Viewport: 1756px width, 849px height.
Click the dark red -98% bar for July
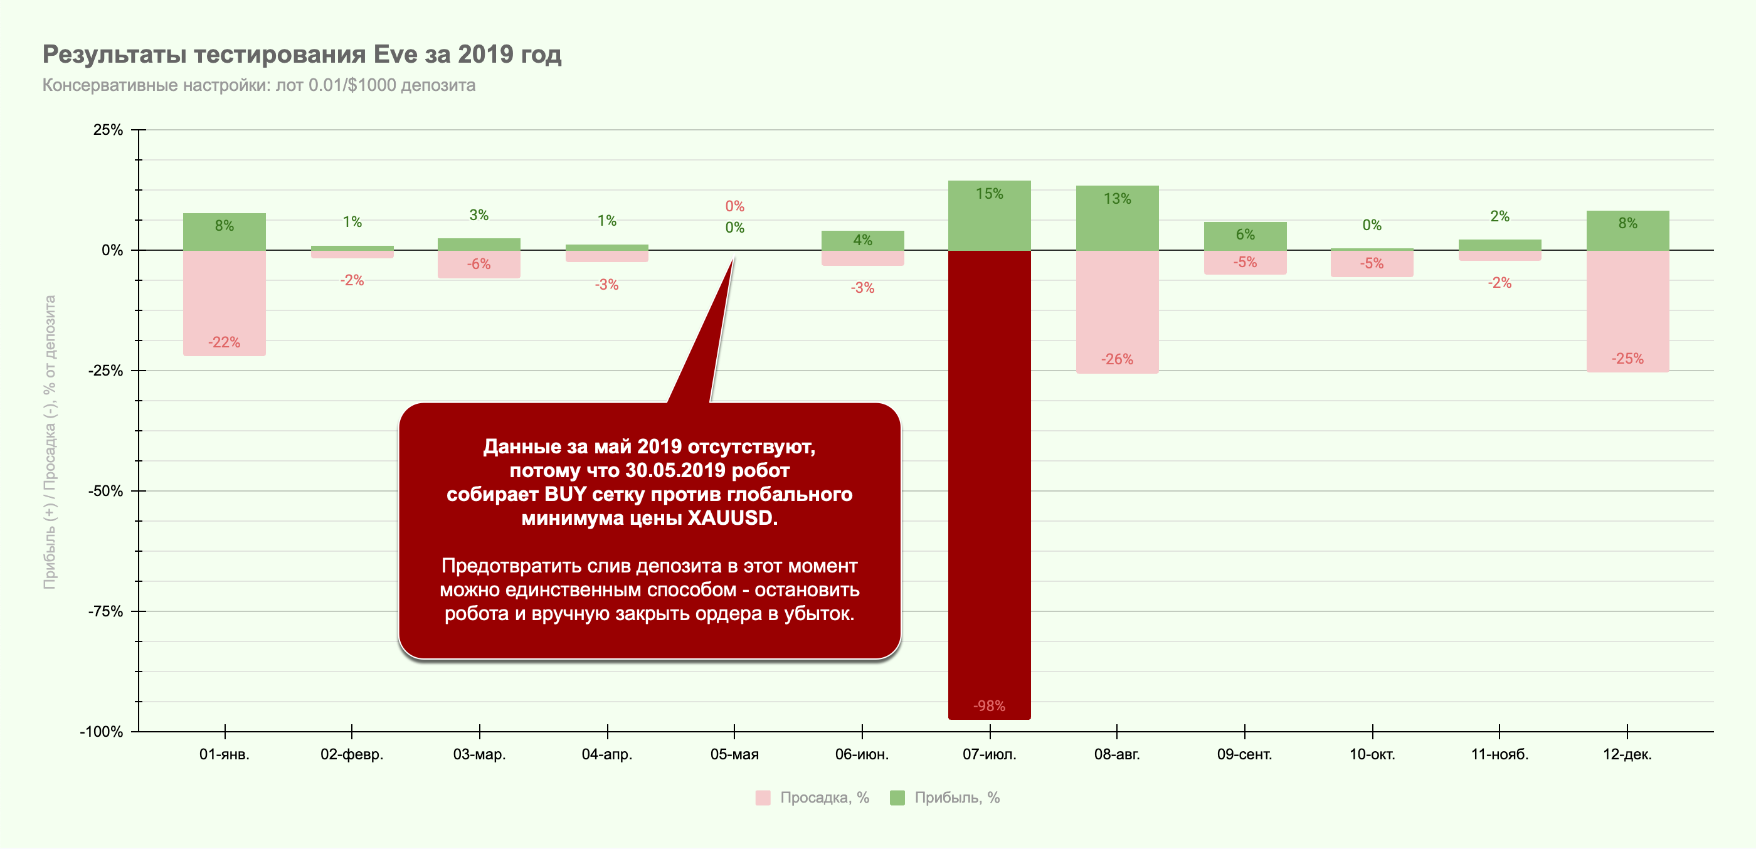[989, 484]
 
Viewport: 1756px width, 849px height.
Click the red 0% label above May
[734, 206]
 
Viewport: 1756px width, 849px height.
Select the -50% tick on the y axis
[105, 491]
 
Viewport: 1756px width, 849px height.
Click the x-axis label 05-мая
[734, 754]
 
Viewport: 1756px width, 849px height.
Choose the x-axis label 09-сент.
[1244, 754]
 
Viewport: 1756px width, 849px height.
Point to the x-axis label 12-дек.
[1627, 754]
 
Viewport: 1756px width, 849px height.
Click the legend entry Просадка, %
[823, 798]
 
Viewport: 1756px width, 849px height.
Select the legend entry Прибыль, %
[956, 798]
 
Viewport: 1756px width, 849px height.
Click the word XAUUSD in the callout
[731, 518]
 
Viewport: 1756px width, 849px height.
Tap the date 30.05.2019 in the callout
[675, 470]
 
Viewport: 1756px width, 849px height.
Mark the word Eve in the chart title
[394, 54]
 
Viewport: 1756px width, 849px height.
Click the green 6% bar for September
[1245, 236]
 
